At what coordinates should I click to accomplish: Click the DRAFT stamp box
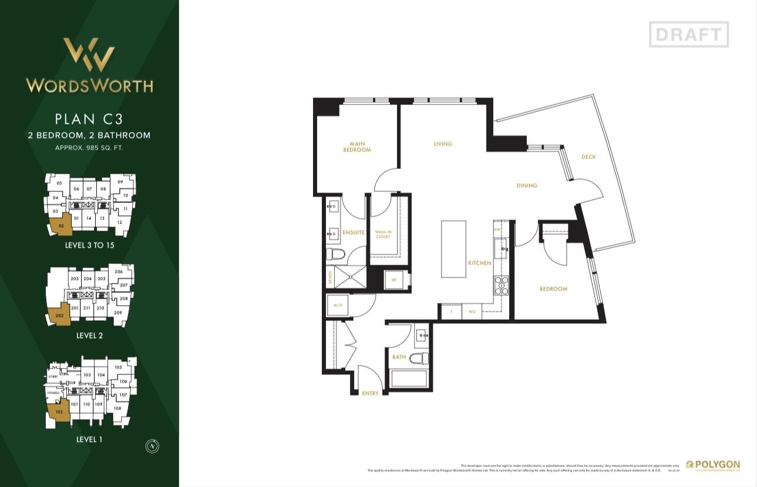pyautogui.click(x=688, y=34)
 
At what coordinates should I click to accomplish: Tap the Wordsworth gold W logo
pyautogui.click(x=89, y=55)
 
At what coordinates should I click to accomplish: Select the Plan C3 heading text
pyautogui.click(x=89, y=119)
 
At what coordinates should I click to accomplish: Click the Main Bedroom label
pyautogui.click(x=357, y=147)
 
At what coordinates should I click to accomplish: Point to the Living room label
pyautogui.click(x=443, y=144)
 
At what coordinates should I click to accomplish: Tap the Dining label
pyautogui.click(x=527, y=185)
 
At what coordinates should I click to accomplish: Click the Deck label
pyautogui.click(x=588, y=157)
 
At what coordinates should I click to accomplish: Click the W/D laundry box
pyautogui.click(x=338, y=305)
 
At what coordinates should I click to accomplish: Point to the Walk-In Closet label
pyautogui.click(x=383, y=234)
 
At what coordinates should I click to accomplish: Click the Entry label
pyautogui.click(x=370, y=393)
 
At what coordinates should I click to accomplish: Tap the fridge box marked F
pyautogui.click(x=450, y=312)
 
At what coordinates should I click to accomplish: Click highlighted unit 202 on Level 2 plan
pyautogui.click(x=59, y=315)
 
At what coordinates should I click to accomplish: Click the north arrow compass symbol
pyautogui.click(x=152, y=447)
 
